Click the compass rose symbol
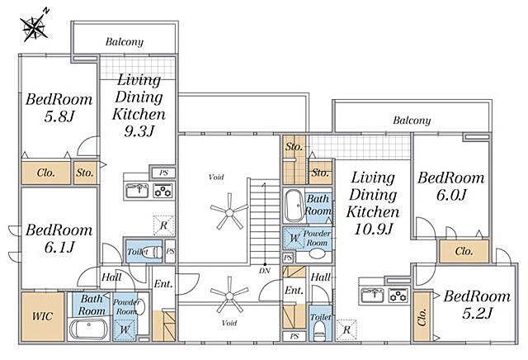point(34,27)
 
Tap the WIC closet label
point(42,316)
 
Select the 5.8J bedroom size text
point(59,116)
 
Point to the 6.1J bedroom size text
point(59,248)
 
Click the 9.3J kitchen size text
point(139,130)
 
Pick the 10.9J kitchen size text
point(373,229)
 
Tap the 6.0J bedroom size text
point(451,195)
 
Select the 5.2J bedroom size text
point(477,314)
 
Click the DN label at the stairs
point(265,270)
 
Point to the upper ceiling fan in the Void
point(229,212)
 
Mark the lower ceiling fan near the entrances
point(229,296)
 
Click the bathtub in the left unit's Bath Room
point(89,329)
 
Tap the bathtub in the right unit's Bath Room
point(295,206)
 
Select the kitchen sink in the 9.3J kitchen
point(137,191)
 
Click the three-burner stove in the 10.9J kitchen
point(398,296)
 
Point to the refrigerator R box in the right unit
point(346,329)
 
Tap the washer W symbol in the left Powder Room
point(125,329)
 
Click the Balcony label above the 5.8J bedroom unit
point(125,42)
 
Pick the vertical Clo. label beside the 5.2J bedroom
point(422,316)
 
